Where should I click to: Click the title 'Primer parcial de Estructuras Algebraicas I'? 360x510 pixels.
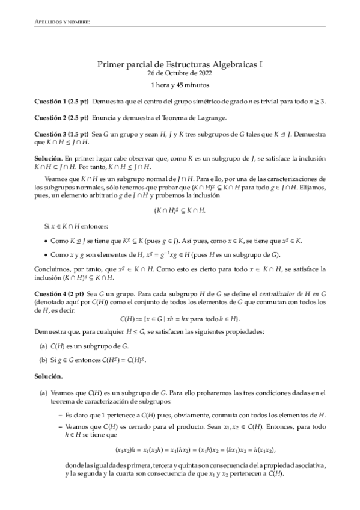click(180, 63)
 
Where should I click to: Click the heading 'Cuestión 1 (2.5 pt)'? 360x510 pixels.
click(61, 102)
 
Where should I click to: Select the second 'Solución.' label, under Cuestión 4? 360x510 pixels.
click(48, 376)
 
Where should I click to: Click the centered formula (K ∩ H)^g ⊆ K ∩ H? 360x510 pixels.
click(180, 211)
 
